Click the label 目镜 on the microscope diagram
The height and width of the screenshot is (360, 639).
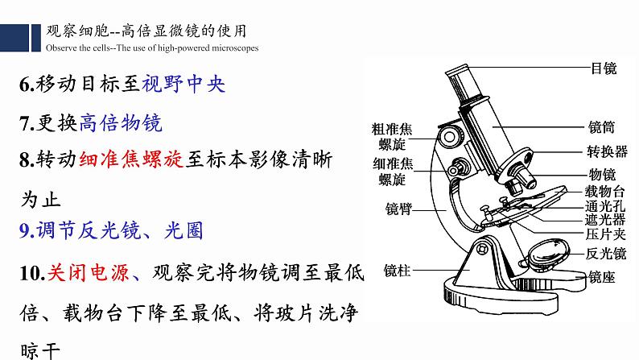[x=603, y=69]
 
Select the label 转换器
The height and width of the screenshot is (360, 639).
[x=608, y=151]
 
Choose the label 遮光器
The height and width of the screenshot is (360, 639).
[x=608, y=218]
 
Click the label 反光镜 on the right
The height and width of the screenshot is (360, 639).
[x=608, y=254]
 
